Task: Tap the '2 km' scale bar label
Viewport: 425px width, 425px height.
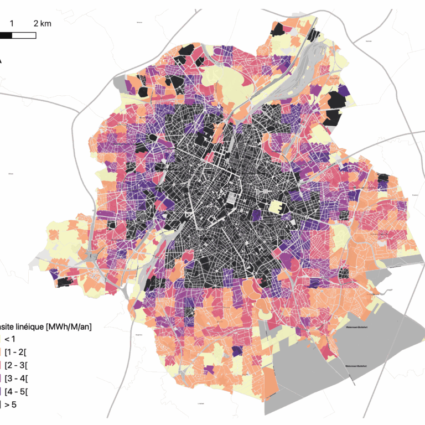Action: (42, 24)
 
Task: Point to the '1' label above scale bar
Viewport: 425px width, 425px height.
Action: (12, 24)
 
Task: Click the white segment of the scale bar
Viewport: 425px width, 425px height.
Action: (24, 35)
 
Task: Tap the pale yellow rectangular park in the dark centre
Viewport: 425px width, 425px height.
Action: (274, 207)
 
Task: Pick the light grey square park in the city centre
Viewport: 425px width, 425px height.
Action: (231, 197)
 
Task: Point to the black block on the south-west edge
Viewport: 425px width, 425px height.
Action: (67, 282)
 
